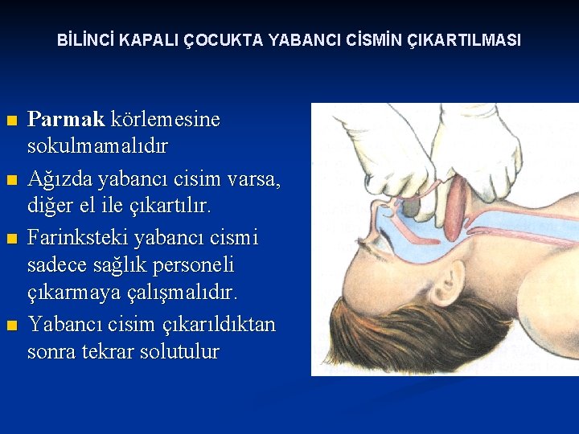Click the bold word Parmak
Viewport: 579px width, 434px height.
(x=66, y=121)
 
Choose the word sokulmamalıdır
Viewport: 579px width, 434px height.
(x=97, y=147)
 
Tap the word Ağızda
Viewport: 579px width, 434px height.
(x=60, y=182)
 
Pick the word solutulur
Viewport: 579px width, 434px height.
(x=180, y=352)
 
